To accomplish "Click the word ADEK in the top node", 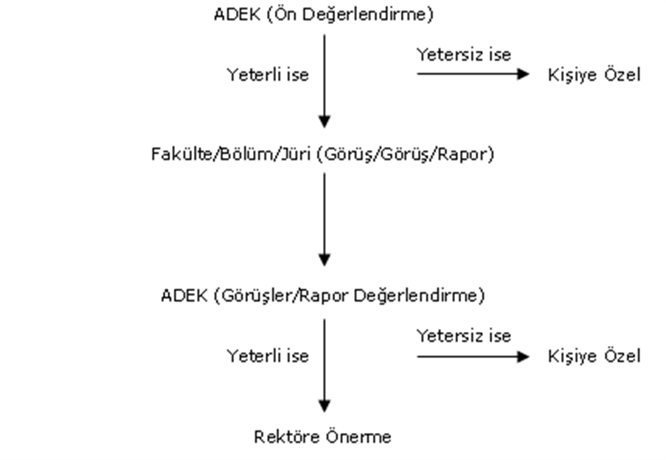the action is pos(237,14).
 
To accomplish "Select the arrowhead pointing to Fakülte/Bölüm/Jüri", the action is pos(324,122).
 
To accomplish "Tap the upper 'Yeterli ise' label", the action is pos(268,75).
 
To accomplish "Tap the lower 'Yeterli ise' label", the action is pos(268,356).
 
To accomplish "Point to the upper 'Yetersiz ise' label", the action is pos(464,55).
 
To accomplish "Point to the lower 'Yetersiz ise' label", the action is pos(464,336).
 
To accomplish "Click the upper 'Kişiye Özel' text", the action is pos(594,75).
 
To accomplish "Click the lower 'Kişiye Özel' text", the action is pos(594,356).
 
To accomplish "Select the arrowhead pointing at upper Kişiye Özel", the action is pos(523,74).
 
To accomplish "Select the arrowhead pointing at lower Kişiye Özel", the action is pos(523,357).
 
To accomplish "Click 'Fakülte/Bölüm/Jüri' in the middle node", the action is pos(231,154).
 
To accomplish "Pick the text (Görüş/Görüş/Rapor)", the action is pos(406,155).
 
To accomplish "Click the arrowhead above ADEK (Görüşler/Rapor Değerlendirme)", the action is pos(324,260).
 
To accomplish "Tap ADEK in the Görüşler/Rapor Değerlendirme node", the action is pos(184,296).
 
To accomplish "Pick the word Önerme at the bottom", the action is pos(359,437).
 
